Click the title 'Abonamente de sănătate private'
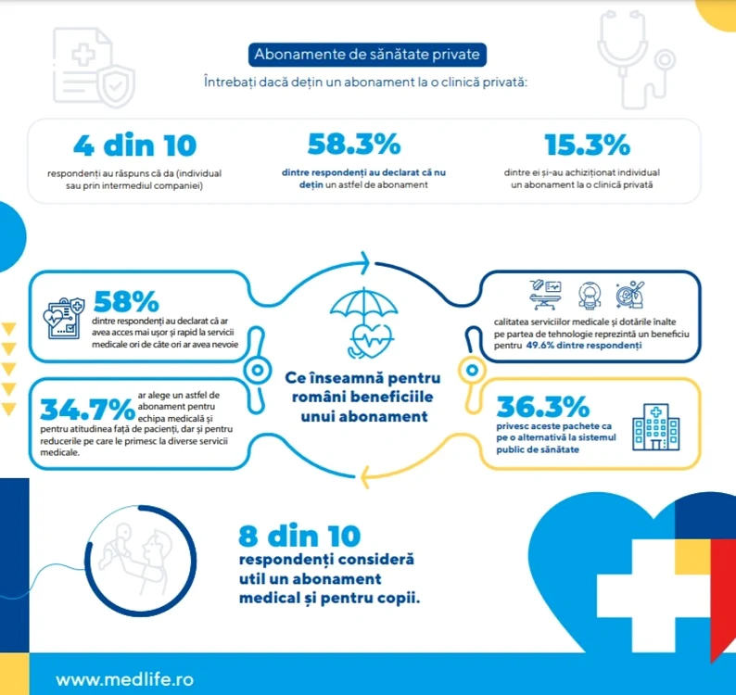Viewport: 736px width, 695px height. tap(367, 55)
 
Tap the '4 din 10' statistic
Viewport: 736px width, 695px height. tap(134, 145)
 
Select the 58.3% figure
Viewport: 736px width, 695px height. tap(354, 144)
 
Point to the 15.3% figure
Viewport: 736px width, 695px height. tap(587, 145)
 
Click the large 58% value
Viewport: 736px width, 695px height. tap(126, 301)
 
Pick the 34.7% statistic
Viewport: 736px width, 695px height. tap(88, 410)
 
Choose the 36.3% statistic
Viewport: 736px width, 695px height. tap(543, 407)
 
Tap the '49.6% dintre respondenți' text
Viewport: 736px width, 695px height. tap(583, 346)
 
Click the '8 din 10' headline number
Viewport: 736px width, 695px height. tap(299, 536)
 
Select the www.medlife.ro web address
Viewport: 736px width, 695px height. tap(124, 679)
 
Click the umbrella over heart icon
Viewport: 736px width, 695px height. tap(364, 322)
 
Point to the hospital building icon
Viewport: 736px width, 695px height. tap(655, 426)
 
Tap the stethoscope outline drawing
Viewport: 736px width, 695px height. tap(635, 58)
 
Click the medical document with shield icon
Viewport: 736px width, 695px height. tap(94, 67)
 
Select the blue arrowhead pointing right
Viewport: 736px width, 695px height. tap(364, 263)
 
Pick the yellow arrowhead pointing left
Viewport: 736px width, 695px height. tap(365, 477)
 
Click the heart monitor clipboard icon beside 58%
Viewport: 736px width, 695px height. tap(64, 317)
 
